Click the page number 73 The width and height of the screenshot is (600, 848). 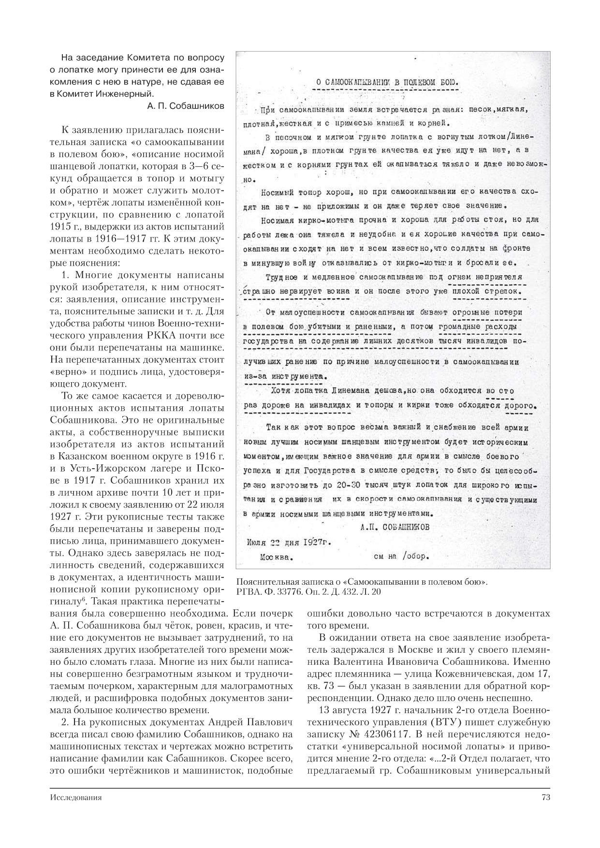tap(545, 797)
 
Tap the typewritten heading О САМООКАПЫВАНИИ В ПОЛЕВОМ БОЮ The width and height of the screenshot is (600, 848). tap(388, 82)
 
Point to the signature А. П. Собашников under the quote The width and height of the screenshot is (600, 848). tap(186, 106)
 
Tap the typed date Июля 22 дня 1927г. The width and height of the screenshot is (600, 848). tap(289, 542)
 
